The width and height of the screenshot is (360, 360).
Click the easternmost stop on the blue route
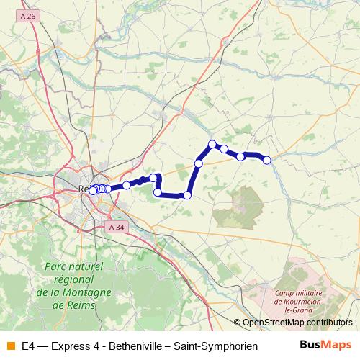tap(266, 160)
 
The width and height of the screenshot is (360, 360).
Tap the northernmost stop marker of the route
tap(212, 144)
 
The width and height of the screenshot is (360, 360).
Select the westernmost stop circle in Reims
tap(92, 190)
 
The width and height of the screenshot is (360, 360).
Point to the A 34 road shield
tap(114, 228)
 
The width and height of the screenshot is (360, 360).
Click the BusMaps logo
tap(325, 346)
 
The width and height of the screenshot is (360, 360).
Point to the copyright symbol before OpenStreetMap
tap(237, 323)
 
